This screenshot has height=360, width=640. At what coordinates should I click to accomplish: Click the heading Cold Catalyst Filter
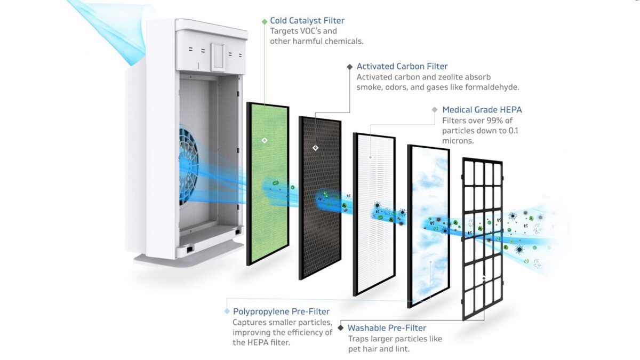[x=307, y=21]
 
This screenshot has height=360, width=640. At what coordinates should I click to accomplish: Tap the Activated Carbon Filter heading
[x=402, y=66]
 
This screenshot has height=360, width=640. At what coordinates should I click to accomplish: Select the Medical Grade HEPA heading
[x=482, y=110]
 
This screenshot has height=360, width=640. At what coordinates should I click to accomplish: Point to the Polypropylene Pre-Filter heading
[x=281, y=311]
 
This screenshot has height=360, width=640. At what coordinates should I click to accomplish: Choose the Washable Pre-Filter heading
[x=387, y=327]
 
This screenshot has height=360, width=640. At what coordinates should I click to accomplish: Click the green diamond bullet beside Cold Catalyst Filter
[x=265, y=21]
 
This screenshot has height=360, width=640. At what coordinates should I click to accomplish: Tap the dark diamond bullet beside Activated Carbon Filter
[x=350, y=67]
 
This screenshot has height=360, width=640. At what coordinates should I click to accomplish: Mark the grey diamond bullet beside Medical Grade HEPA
[x=435, y=110]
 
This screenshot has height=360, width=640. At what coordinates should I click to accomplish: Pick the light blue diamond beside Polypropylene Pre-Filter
[x=227, y=311]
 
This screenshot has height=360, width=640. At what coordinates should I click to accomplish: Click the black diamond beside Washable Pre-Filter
[x=341, y=327]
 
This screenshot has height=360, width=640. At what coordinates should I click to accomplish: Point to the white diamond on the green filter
[x=265, y=140]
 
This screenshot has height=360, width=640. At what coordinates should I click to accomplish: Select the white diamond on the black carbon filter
[x=315, y=148]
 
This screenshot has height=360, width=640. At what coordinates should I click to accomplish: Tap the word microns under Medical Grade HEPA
[x=458, y=141]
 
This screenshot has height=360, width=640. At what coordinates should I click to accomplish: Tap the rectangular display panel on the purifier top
[x=218, y=57]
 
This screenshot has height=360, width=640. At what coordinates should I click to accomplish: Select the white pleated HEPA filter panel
[x=374, y=214]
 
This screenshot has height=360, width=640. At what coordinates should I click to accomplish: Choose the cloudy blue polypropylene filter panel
[x=429, y=226]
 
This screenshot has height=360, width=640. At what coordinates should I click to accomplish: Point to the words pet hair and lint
[x=379, y=349]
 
